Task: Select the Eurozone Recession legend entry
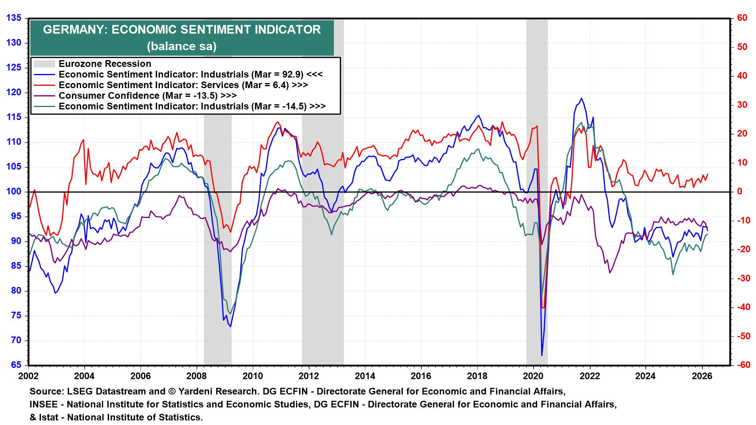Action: click(105, 64)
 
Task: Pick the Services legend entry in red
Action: click(173, 85)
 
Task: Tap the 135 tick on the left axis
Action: click(14, 18)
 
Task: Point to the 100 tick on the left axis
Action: click(14, 192)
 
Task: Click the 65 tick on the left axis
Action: click(16, 365)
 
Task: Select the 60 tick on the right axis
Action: click(742, 18)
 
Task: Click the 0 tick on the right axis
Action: click(739, 192)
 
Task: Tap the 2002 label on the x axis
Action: click(28, 376)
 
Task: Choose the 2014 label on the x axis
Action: click(365, 376)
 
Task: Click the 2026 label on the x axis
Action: click(702, 376)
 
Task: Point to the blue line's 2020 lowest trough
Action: click(542, 355)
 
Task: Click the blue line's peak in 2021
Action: click(581, 98)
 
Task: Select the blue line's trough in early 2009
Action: click(230, 326)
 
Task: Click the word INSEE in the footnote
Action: click(43, 405)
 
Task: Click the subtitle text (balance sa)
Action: click(182, 46)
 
